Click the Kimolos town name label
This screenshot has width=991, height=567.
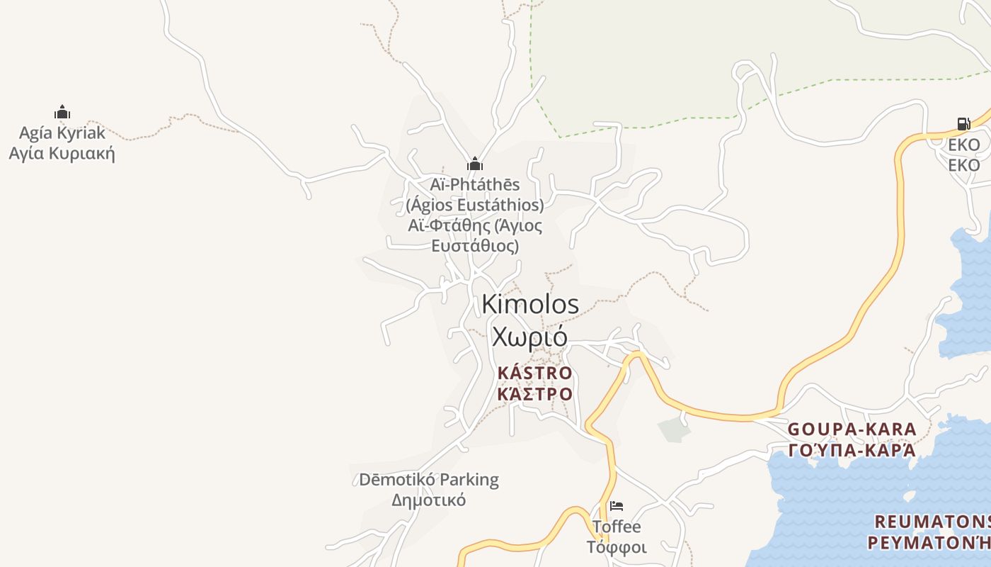pos(530,304)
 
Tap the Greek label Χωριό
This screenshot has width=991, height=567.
pos(529,336)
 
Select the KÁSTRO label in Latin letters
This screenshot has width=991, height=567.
pos(534,373)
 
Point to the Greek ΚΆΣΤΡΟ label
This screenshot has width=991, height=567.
pos(534,393)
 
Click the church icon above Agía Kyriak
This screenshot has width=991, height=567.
pos(62,112)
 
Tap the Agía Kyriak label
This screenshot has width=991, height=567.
pos(62,133)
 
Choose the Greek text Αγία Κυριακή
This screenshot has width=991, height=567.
pos(62,153)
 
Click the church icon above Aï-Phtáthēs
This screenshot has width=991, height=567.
pos(474,164)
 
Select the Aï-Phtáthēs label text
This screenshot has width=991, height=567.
pos(475,184)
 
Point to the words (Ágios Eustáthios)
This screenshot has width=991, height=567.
pos(475,205)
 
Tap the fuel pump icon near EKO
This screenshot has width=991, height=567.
pos(963,124)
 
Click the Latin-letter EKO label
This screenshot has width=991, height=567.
pos(964,145)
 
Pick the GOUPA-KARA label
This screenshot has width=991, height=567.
pos(852,429)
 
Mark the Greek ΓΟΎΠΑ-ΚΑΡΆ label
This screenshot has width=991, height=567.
pos(852,450)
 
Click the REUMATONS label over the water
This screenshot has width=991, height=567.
pos(932,522)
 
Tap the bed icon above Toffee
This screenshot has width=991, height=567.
pos(617,506)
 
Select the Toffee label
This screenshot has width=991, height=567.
pos(617,527)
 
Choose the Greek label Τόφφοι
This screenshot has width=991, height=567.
pos(617,547)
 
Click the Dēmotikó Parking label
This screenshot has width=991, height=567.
pos(429,479)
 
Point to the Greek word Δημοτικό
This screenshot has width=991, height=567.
pos(429,500)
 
